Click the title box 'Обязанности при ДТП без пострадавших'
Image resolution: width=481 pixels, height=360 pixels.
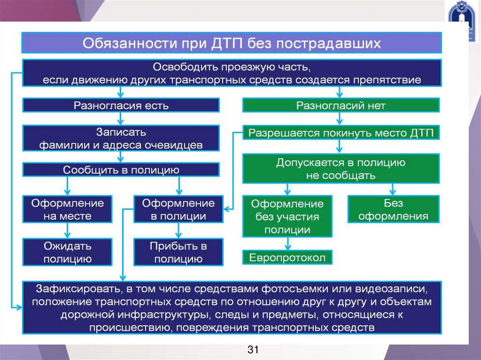coord(232,43)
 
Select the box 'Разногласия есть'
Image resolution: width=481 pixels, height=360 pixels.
coord(121,105)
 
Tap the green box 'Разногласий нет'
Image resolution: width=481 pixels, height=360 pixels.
coord(341,105)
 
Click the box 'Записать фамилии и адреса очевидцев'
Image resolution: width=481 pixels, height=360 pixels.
coord(121,138)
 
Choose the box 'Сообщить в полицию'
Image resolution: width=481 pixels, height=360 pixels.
coord(121,169)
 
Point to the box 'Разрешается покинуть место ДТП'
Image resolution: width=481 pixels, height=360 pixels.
coord(341,133)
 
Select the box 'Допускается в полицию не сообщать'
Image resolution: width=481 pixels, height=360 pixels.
coord(341,169)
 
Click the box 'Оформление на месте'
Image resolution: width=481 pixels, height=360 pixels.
coord(68,210)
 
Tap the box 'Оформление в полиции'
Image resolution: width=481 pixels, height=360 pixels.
coord(178,210)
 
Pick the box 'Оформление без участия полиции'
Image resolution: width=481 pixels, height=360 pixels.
coord(287,217)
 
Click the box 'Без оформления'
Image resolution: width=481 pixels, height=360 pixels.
coord(393,210)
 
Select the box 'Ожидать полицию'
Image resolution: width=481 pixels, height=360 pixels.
coord(68,252)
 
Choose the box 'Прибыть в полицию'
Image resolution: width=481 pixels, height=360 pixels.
coord(178,252)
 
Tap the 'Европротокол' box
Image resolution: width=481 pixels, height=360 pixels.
coord(287,257)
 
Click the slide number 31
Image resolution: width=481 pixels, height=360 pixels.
coord(253,350)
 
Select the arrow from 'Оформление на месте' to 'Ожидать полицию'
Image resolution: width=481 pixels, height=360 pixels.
coord(68,230)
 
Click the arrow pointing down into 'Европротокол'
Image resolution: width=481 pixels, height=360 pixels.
coord(287,244)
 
